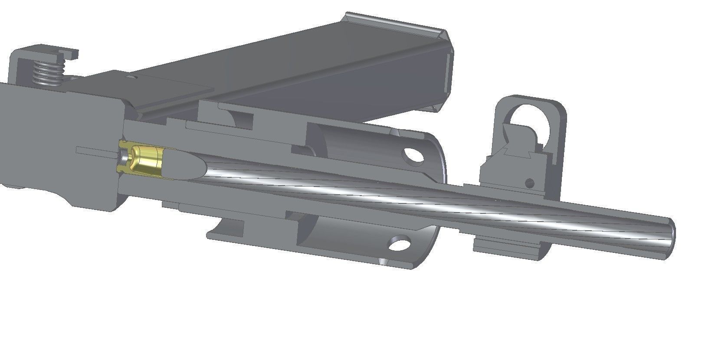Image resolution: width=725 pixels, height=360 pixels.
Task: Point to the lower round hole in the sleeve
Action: pyautogui.click(x=400, y=244)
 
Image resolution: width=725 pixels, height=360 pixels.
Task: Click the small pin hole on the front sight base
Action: pyautogui.click(x=529, y=183)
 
